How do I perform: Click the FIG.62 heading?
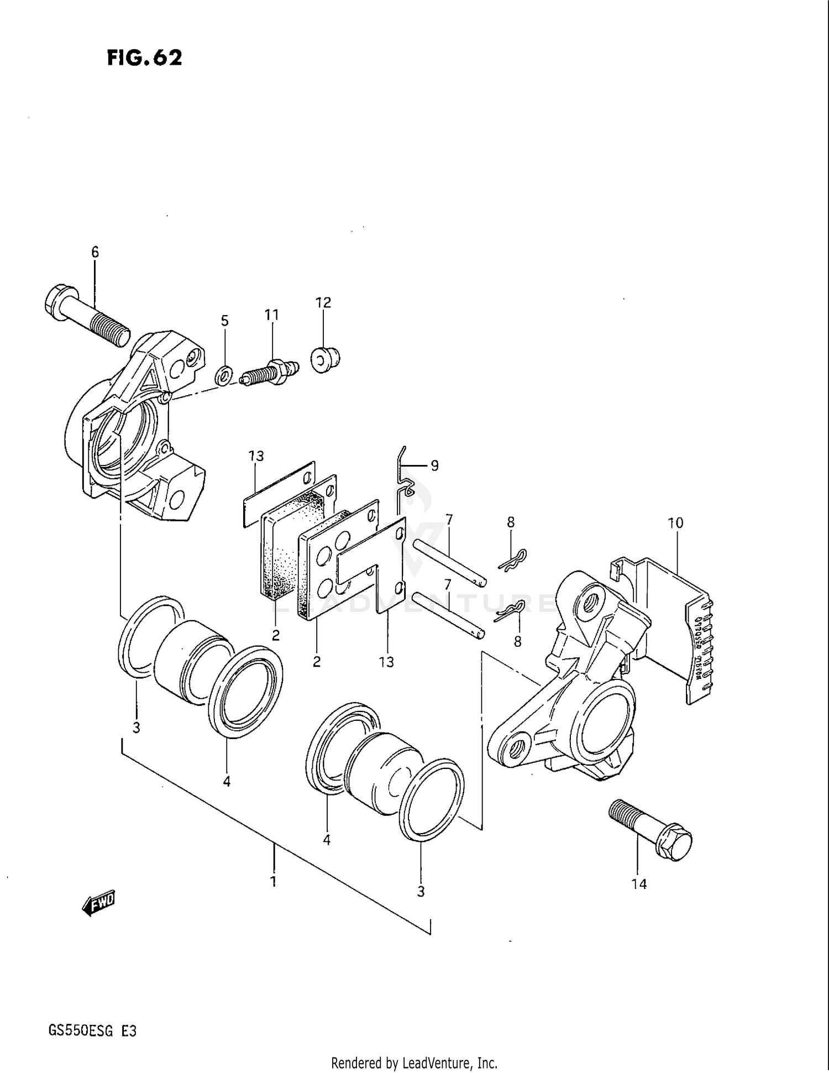click(144, 57)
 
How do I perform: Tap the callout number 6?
click(95, 253)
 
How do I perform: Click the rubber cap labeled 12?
click(325, 360)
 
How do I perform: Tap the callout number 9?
click(434, 466)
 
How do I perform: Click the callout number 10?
click(675, 523)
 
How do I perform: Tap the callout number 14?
click(639, 884)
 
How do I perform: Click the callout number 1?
click(273, 881)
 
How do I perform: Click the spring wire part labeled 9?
click(404, 480)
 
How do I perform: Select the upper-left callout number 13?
click(256, 456)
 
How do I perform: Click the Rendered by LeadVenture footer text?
click(414, 1062)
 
